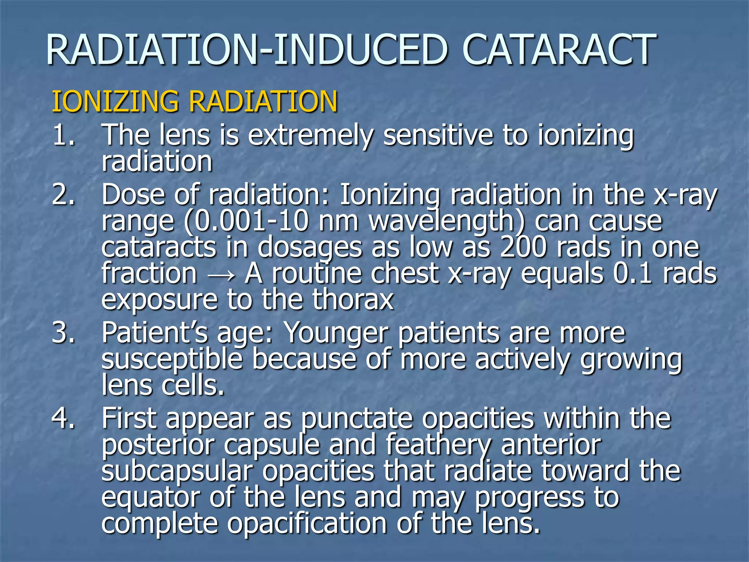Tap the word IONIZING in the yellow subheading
click(x=115, y=101)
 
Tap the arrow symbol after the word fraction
click(x=221, y=274)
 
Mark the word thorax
click(x=353, y=300)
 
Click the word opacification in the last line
click(x=307, y=524)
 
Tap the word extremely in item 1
click(x=311, y=136)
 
